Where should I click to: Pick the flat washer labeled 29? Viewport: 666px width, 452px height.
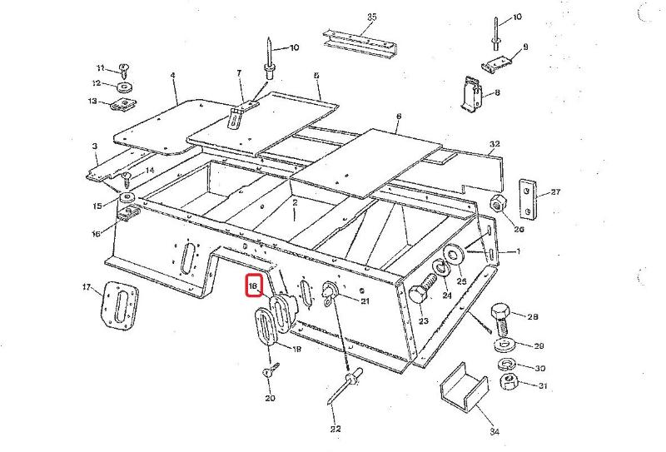(504, 345)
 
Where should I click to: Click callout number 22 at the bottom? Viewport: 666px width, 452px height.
(335, 430)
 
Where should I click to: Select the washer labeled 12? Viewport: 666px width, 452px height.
(123, 86)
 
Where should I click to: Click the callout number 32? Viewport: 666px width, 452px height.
(495, 144)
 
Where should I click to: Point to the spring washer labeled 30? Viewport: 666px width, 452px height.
(504, 365)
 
